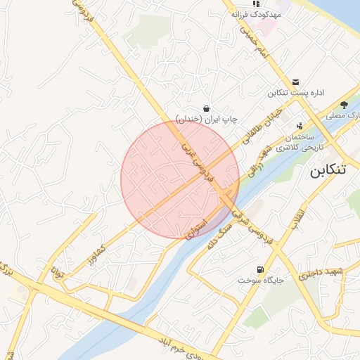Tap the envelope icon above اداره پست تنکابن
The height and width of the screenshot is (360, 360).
[296, 82]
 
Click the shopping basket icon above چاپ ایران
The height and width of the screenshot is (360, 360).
[206, 108]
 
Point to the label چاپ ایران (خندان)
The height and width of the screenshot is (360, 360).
[206, 119]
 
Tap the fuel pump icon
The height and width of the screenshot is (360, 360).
[262, 269]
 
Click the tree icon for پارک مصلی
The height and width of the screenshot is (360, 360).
[344, 104]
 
